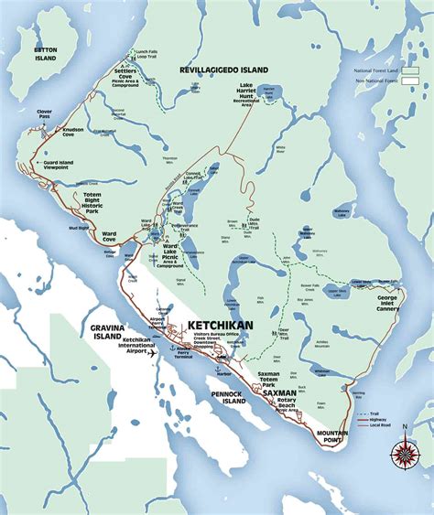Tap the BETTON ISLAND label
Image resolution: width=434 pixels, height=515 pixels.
pyautogui.click(x=45, y=53)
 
